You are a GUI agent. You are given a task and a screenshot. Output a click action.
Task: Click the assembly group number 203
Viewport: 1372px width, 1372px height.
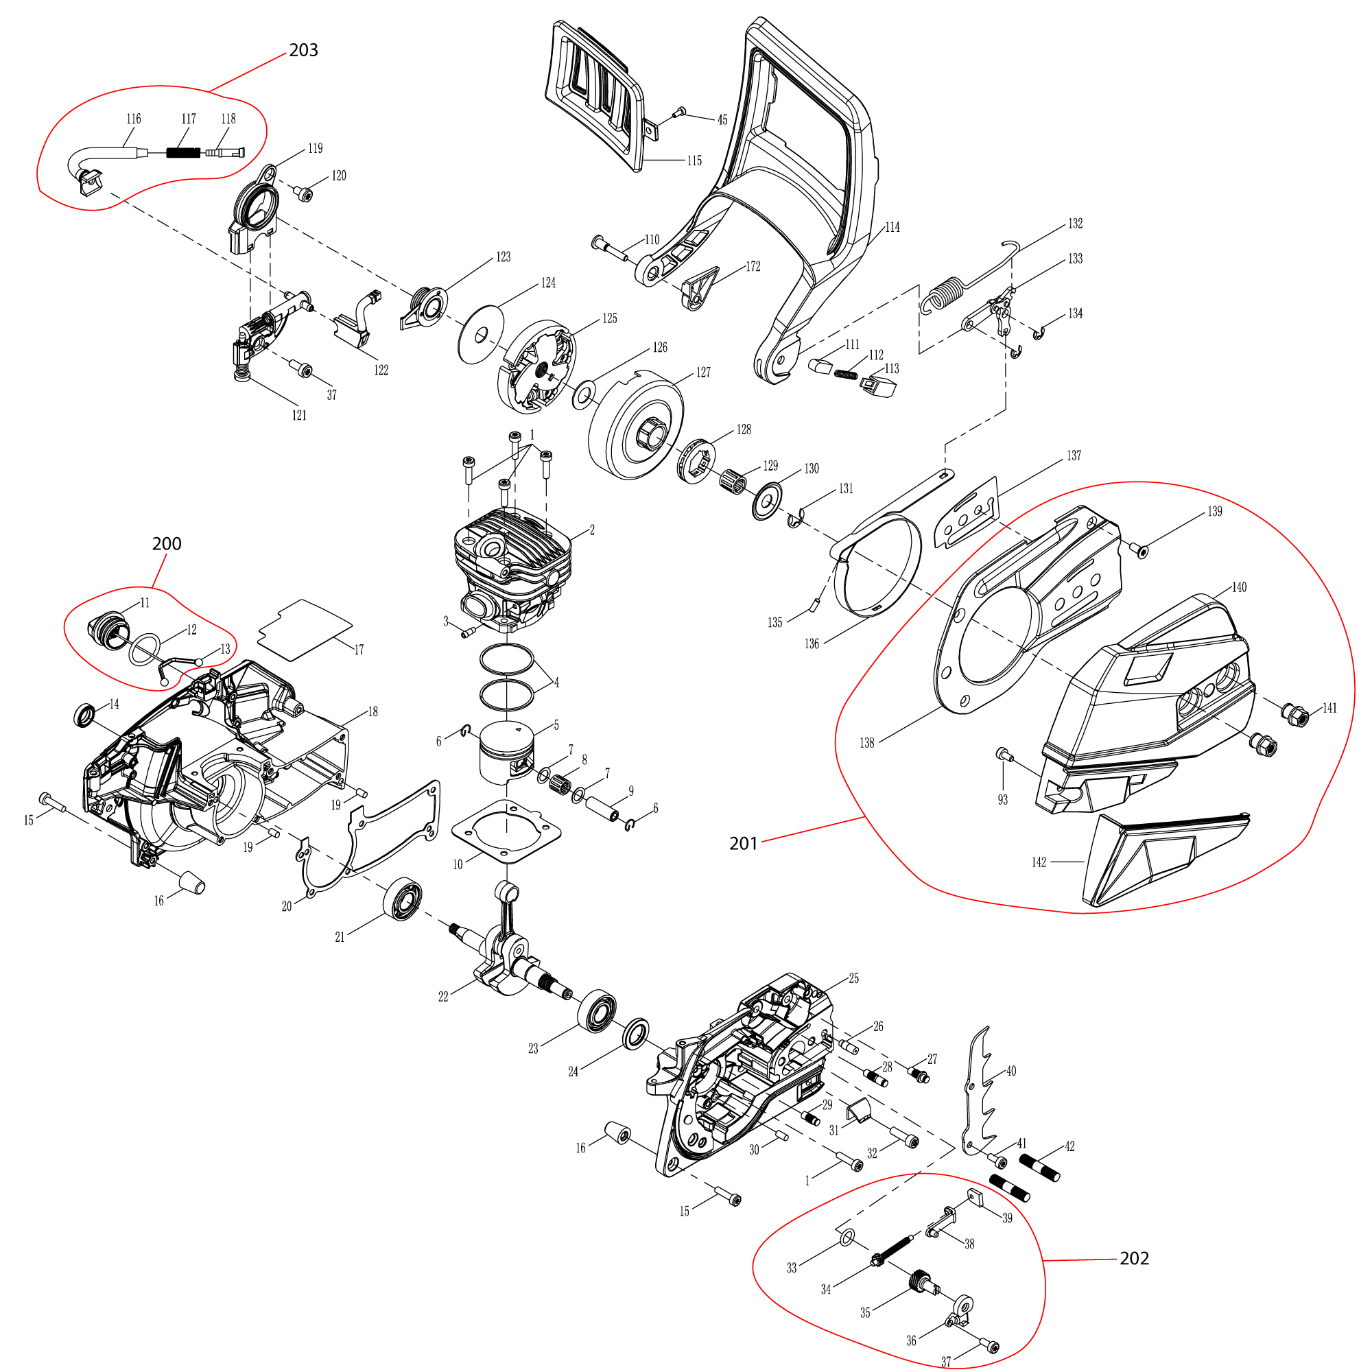pos(303,50)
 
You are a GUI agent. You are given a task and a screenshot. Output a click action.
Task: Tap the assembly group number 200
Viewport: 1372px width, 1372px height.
pos(167,544)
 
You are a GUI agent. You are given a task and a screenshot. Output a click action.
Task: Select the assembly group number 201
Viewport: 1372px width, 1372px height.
pos(744,844)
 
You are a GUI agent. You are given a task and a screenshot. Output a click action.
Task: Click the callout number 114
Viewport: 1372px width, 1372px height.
pos(892,227)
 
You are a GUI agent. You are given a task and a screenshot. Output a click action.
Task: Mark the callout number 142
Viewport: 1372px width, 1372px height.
pos(1039,862)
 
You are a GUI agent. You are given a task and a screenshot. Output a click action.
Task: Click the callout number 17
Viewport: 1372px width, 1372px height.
pos(359,650)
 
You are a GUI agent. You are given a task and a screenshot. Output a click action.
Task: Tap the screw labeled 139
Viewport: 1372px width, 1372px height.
pos(1142,549)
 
